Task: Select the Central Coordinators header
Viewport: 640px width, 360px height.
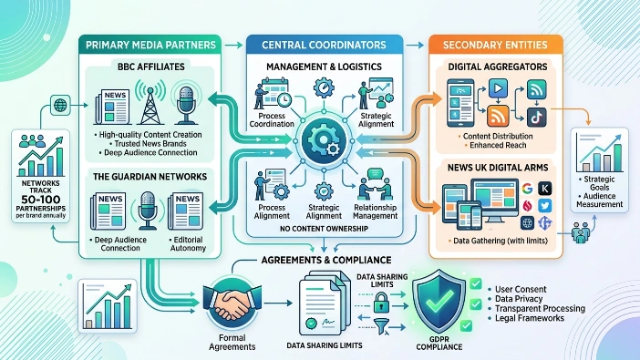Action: click(x=324, y=45)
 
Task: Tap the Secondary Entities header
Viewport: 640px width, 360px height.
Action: click(x=495, y=45)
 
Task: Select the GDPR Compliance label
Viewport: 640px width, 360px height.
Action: click(x=440, y=345)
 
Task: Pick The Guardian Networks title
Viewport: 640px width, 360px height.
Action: click(x=150, y=175)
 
